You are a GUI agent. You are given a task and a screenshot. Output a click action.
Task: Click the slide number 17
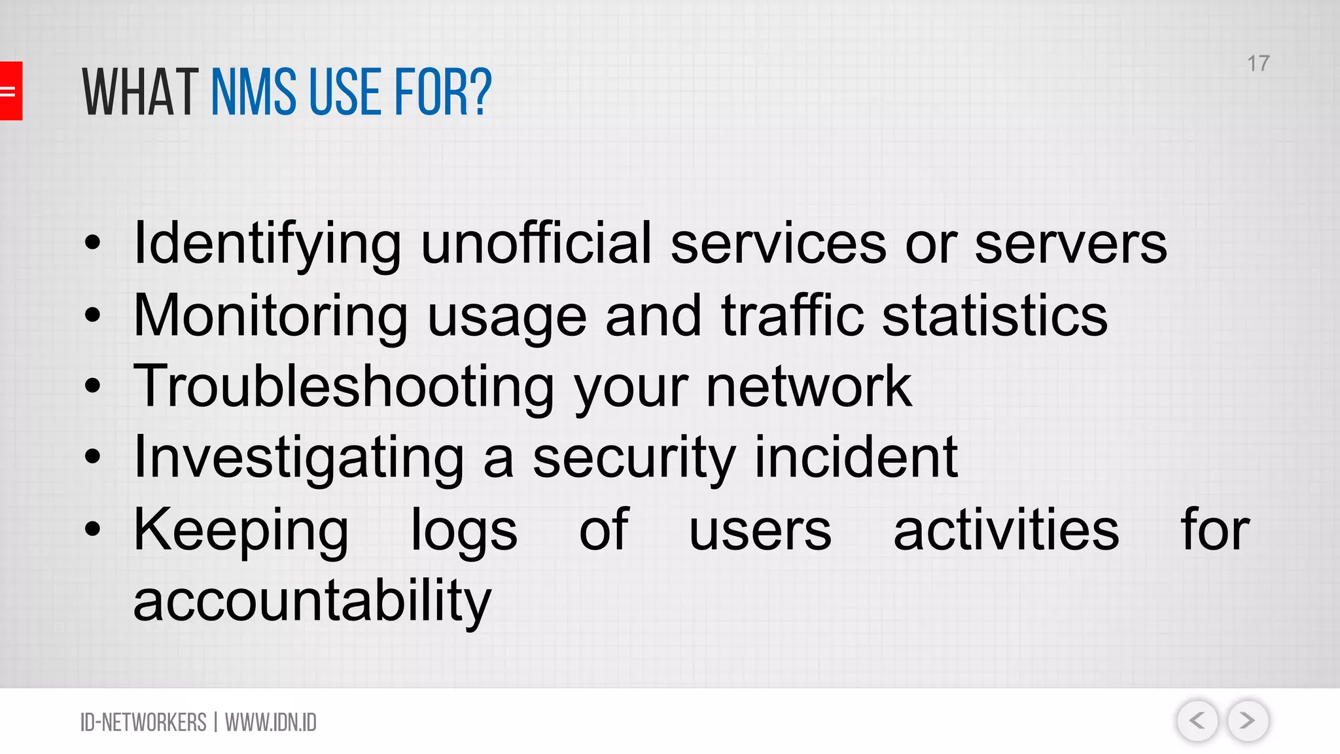(1258, 63)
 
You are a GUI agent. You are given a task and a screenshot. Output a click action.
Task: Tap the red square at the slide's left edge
(10, 91)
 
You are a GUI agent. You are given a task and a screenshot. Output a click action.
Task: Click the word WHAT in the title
(140, 93)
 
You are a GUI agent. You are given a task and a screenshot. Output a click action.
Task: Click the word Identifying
(267, 244)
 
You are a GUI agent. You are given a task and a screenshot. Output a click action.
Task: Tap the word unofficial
(536, 243)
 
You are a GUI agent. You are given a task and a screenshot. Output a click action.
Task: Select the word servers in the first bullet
(1070, 244)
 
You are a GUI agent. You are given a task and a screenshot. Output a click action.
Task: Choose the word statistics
(995, 315)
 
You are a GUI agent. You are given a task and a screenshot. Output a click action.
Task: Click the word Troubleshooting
(344, 387)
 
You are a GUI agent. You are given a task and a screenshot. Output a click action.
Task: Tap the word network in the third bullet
(809, 387)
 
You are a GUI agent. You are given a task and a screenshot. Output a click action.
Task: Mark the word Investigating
(298, 458)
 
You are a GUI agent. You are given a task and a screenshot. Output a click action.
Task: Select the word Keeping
(241, 530)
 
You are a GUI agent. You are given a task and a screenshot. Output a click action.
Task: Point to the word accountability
(312, 601)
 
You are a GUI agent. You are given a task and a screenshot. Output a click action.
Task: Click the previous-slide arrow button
(1197, 721)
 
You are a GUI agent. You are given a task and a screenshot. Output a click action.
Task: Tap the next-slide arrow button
(1248, 721)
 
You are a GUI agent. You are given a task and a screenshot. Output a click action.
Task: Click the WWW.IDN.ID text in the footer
(271, 723)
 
